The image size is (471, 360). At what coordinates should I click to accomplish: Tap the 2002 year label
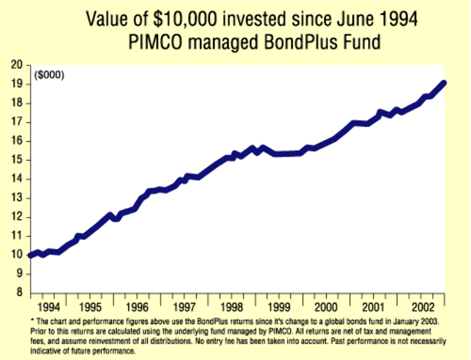click(x=424, y=307)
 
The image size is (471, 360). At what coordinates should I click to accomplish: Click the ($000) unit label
click(x=49, y=75)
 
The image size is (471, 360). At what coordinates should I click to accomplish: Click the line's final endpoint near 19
click(x=443, y=84)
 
